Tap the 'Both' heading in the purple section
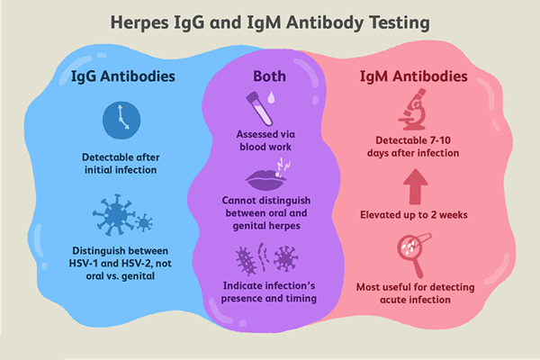(x=268, y=77)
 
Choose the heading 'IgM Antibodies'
(x=419, y=77)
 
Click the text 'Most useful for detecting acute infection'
(x=418, y=292)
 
